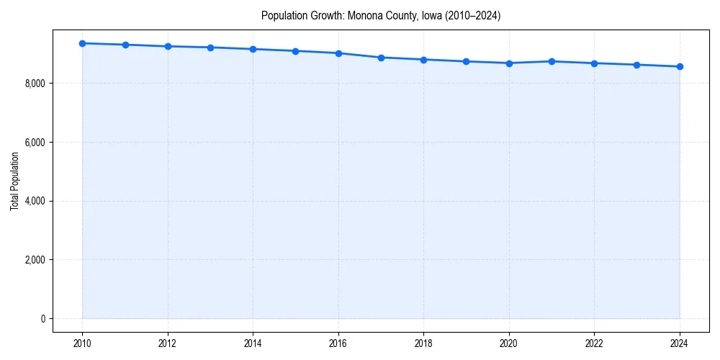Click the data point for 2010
82,43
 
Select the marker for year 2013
210,48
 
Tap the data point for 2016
338,53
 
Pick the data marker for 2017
381,58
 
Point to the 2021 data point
552,61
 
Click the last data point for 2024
680,66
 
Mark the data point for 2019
467,61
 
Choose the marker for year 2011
125,45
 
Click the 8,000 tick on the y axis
35,84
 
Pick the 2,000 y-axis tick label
35,260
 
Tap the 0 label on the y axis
42,319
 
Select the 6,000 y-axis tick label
35,143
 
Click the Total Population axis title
14,181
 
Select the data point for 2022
594,63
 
